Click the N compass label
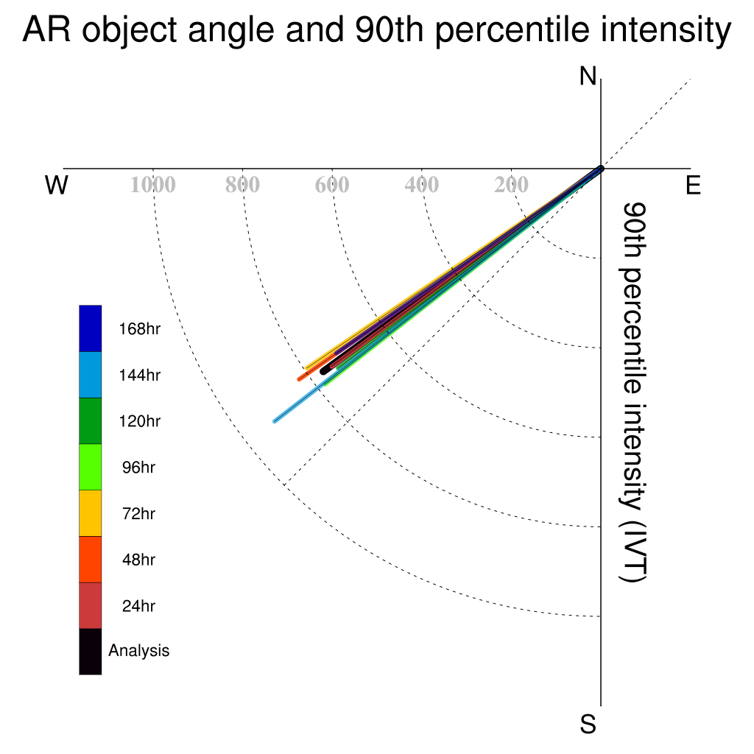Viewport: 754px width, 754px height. point(588,77)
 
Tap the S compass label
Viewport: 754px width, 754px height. point(588,724)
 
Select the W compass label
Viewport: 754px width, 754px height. point(56,185)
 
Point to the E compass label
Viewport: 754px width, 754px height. point(693,185)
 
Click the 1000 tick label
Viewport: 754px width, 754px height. point(153,185)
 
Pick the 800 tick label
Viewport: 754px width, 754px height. point(242,185)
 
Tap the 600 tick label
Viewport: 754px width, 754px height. point(332,185)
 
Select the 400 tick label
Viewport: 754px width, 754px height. point(422,185)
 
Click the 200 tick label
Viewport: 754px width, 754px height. point(511,185)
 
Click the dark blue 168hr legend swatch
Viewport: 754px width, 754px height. point(91,328)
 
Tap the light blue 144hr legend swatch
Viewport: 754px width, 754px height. point(91,375)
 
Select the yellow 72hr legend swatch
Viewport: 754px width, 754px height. point(91,513)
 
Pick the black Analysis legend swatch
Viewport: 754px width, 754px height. point(91,652)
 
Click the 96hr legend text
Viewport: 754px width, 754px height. point(138,468)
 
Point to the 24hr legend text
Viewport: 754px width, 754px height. point(138,606)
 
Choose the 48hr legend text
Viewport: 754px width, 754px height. point(138,560)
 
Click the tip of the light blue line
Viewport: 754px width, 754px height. point(275,421)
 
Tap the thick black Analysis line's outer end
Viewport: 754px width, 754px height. point(323,371)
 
